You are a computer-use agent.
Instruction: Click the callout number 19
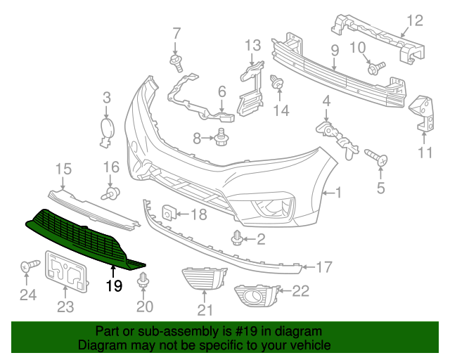click(x=115, y=285)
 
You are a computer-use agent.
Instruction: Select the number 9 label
click(x=335, y=50)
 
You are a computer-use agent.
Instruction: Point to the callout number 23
click(x=65, y=306)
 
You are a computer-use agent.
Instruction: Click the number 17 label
click(x=323, y=267)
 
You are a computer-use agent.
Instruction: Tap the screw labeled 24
click(x=28, y=266)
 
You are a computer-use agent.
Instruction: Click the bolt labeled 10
click(x=375, y=68)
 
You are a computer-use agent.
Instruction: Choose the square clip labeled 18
click(x=169, y=211)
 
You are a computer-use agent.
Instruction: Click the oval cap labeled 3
click(x=107, y=129)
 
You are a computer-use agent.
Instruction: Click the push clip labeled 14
click(x=278, y=84)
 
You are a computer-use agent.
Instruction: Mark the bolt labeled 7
click(x=176, y=63)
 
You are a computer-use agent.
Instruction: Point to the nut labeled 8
click(x=221, y=137)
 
